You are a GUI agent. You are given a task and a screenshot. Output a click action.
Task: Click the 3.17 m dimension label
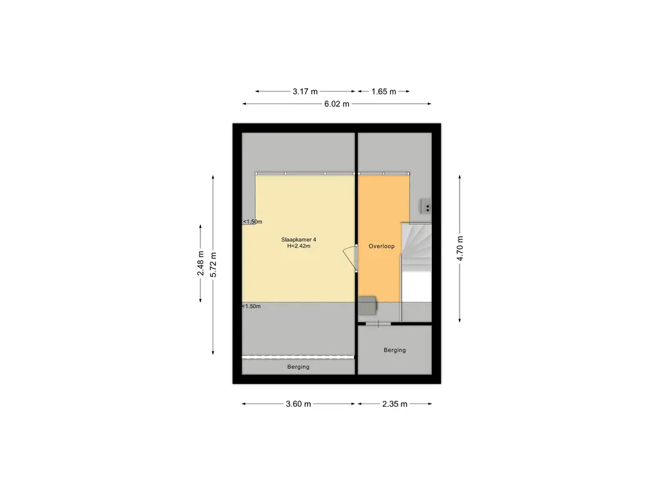(x=305, y=92)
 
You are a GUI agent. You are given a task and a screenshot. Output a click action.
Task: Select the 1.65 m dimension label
(x=383, y=92)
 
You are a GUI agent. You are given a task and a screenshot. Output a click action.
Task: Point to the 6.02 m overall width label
(x=336, y=104)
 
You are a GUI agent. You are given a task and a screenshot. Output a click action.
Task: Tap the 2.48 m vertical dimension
(x=201, y=264)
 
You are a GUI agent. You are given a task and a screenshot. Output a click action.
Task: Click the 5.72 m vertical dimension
(x=213, y=264)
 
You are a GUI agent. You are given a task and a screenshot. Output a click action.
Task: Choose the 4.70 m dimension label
(x=460, y=248)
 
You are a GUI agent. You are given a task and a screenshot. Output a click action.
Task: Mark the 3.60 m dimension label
(x=298, y=404)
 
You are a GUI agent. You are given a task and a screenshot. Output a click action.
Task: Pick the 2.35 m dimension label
(x=395, y=404)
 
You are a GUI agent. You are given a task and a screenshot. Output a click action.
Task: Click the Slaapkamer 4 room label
(x=299, y=240)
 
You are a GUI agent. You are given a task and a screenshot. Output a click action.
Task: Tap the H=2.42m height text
(x=299, y=246)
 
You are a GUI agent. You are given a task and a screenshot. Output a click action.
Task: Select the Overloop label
(x=382, y=246)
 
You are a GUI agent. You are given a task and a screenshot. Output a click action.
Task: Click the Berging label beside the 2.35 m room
(x=395, y=350)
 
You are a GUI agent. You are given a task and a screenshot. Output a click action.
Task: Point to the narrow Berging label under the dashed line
(x=298, y=367)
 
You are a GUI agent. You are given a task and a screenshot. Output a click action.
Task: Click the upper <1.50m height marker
(x=253, y=222)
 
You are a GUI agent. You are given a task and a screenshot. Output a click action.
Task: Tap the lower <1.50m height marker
(x=251, y=306)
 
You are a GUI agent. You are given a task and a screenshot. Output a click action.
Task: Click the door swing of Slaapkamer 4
(x=350, y=258)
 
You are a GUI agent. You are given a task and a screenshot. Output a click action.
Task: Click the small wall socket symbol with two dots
(x=427, y=207)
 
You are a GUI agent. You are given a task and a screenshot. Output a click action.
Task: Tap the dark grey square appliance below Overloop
(x=367, y=305)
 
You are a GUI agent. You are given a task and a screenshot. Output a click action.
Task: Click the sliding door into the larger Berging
(x=378, y=324)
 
